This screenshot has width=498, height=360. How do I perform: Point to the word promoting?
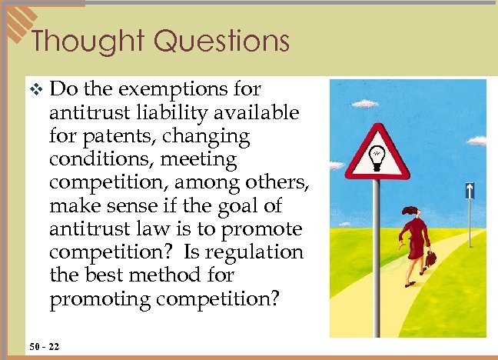[96, 298]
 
